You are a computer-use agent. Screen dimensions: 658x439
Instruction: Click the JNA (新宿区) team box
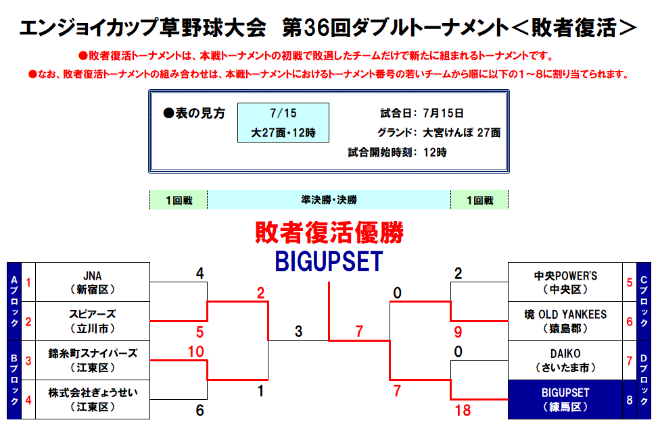tap(93, 282)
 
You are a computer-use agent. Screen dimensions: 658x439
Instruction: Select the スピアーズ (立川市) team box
tap(93, 321)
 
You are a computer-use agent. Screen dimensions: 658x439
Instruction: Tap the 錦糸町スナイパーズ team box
tap(93, 360)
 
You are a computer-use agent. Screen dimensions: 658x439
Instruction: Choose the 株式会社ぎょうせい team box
tap(93, 400)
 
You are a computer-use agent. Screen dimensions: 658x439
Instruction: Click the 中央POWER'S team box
tap(565, 282)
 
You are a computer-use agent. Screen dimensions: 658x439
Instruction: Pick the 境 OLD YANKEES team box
tap(565, 321)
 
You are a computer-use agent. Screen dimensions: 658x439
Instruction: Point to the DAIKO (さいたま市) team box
tap(565, 360)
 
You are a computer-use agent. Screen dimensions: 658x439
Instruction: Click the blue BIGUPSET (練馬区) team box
tap(565, 400)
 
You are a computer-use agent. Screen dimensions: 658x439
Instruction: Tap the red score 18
tap(463, 411)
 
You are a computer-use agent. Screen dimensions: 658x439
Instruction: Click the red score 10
tap(196, 351)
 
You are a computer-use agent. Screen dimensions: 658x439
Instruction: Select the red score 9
tap(458, 332)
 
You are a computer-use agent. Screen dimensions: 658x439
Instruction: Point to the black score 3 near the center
tap(298, 331)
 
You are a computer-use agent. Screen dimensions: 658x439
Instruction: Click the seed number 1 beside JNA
tap(28, 282)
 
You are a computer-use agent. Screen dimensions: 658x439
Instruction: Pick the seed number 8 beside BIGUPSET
tap(630, 400)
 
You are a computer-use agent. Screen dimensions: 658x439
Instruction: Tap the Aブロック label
tap(14, 301)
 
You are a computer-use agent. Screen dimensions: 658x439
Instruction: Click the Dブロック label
tap(644, 380)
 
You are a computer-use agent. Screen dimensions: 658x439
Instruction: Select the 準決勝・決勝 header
tap(329, 200)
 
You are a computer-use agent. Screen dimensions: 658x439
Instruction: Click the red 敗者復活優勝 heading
tap(329, 232)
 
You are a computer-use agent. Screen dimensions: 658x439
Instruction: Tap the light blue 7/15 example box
tap(283, 122)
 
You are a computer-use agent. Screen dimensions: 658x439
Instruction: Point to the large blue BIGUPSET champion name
tap(329, 261)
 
